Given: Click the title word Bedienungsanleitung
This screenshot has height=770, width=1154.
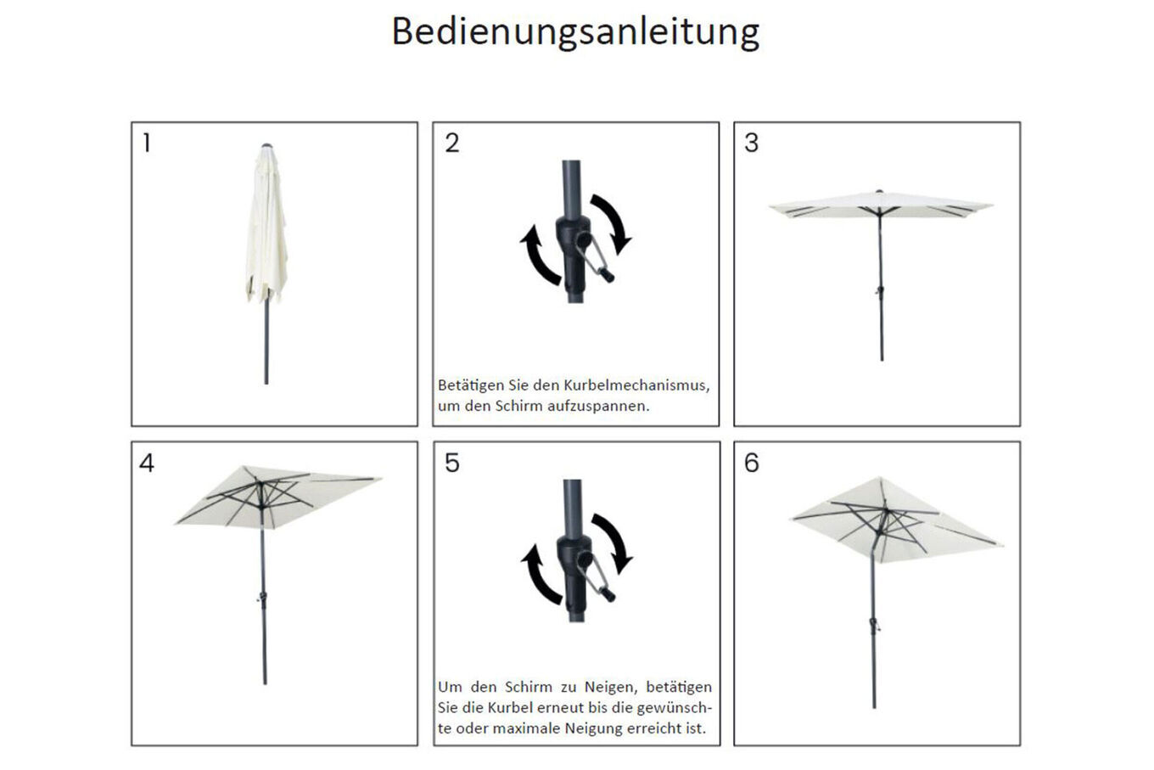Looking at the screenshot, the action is [575, 33].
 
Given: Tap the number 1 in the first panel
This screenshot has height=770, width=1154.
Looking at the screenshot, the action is [148, 143].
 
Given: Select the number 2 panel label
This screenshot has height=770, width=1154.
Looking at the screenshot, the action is [451, 143].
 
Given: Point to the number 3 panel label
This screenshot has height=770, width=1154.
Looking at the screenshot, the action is [751, 143].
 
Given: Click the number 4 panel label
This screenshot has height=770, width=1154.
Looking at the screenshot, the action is [147, 463].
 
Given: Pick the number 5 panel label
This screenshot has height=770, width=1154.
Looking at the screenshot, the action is [451, 463].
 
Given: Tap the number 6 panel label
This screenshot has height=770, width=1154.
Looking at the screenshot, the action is [752, 463].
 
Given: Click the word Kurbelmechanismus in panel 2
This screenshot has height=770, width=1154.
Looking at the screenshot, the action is [636, 385].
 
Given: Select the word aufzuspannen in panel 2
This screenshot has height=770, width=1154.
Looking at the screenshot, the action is [597, 407].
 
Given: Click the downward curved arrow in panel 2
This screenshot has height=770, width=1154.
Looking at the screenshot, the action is [612, 222].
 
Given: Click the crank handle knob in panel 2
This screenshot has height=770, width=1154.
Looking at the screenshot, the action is [608, 275].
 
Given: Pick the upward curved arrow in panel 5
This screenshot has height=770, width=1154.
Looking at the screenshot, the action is [537, 575].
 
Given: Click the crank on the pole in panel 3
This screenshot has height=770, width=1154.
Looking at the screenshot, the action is [880, 291].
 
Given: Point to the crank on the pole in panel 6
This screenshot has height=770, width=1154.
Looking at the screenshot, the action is [874, 625].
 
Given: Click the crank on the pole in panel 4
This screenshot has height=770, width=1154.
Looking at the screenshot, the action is [262, 598].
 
